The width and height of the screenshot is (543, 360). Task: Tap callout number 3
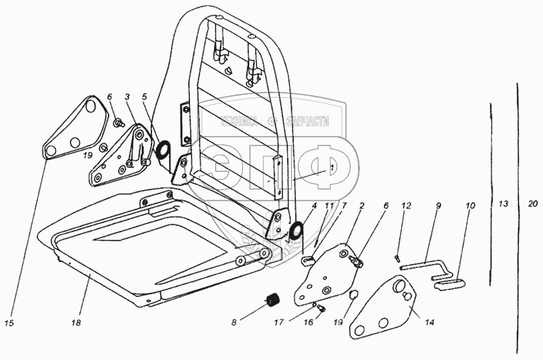[x=127, y=97]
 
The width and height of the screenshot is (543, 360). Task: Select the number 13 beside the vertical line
[x=502, y=204]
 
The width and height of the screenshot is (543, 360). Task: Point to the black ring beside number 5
[x=164, y=149]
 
